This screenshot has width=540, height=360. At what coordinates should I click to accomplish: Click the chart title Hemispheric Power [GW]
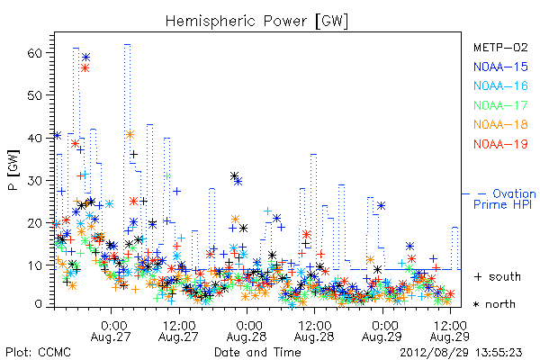click(x=256, y=22)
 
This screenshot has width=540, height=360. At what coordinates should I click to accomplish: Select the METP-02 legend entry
click(x=500, y=47)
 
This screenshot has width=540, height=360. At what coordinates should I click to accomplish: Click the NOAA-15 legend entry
click(x=500, y=67)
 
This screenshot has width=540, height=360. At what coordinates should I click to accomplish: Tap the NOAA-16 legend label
click(x=500, y=85)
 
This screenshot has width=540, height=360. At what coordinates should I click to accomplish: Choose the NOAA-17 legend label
click(x=500, y=105)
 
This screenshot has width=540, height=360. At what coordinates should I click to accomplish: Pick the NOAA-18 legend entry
click(x=500, y=124)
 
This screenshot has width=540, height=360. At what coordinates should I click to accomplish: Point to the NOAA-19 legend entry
click(x=500, y=144)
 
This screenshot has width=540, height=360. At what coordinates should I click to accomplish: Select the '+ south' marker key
click(x=498, y=276)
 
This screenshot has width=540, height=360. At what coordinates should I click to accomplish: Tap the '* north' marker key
click(x=494, y=304)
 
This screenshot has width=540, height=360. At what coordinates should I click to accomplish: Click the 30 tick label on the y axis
click(x=35, y=181)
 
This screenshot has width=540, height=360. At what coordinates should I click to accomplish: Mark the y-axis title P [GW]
click(x=13, y=170)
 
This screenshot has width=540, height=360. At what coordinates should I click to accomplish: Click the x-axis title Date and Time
click(x=257, y=352)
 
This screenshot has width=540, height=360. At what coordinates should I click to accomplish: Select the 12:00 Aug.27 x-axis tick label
click(x=179, y=331)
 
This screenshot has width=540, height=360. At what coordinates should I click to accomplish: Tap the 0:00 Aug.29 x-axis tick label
click(x=382, y=331)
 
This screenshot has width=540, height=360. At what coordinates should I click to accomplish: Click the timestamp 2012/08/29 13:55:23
click(x=461, y=353)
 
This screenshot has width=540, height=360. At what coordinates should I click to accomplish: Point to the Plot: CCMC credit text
click(x=38, y=352)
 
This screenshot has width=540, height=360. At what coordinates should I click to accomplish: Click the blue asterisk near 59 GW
click(x=85, y=58)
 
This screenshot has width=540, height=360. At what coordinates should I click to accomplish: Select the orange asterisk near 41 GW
click(x=130, y=135)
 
